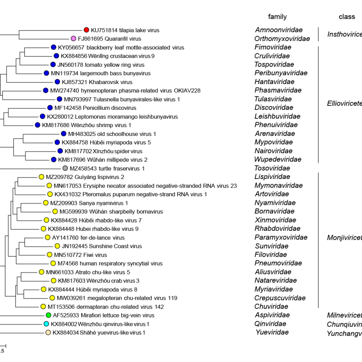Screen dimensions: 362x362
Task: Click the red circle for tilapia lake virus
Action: (86, 30)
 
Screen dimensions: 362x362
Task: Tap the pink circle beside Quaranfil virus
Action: (73, 39)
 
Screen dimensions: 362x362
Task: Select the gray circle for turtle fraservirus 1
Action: (65, 168)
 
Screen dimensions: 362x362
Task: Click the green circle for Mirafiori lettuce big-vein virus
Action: (48, 315)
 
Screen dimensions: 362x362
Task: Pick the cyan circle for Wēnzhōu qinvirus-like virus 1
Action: (46, 324)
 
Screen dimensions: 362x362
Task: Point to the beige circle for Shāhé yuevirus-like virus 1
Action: (48, 332)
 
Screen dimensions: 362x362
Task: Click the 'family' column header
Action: (277, 17)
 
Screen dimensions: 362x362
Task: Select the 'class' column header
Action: (347, 17)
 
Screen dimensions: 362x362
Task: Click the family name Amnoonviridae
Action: (278, 30)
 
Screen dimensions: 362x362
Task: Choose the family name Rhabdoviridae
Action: (277, 228)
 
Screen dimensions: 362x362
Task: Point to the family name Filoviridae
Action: (271, 255)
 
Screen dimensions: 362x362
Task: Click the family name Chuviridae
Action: (271, 306)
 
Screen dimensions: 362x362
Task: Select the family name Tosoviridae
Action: (272, 168)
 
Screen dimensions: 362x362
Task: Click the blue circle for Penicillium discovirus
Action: (50, 108)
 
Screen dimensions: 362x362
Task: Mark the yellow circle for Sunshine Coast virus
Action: (57, 246)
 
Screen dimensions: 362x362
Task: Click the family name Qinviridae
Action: (271, 324)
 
